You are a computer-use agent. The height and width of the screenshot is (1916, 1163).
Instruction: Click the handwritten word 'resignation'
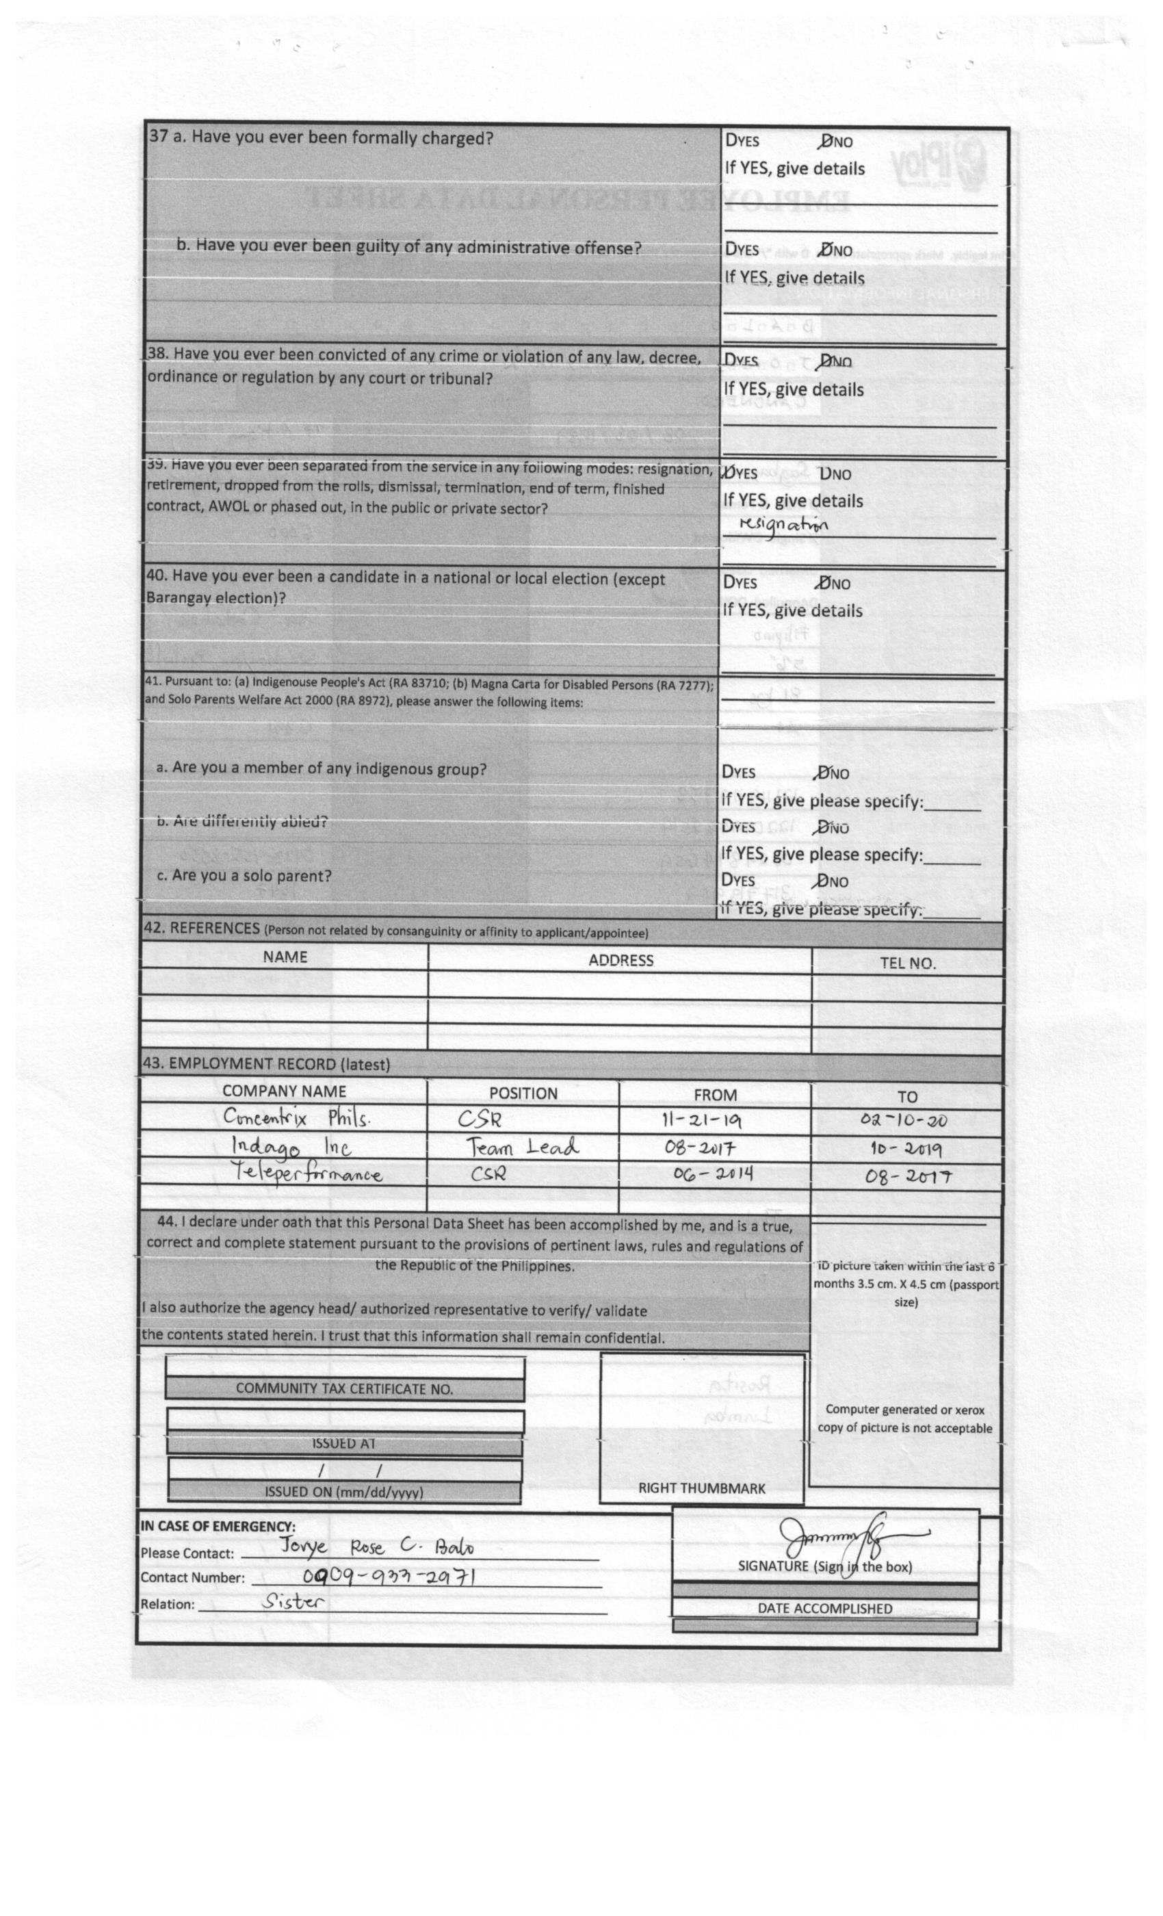pos(783,525)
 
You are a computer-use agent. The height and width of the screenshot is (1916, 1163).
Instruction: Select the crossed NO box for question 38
pos(826,361)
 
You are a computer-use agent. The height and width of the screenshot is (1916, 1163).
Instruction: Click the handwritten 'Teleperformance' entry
pos(308,1173)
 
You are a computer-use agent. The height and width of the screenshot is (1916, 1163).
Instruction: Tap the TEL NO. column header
pos(907,963)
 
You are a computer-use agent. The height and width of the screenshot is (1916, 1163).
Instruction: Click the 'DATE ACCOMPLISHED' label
pos(824,1608)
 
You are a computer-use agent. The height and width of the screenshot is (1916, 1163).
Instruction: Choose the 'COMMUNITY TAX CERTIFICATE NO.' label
pos(343,1389)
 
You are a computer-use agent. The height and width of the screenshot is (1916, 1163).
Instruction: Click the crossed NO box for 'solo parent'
pos(820,881)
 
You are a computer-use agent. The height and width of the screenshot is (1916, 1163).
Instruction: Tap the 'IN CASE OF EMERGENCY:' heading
pos(218,1527)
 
